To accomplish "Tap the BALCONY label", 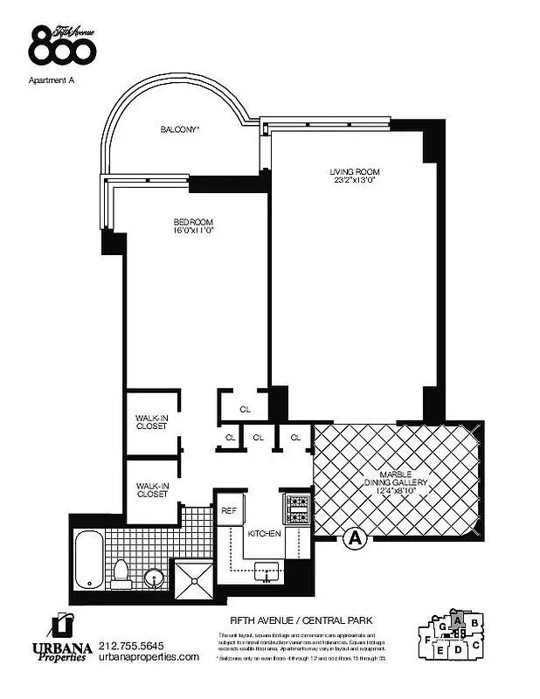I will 179,130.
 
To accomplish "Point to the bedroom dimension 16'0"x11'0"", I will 193,232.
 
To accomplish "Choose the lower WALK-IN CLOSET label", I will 151,489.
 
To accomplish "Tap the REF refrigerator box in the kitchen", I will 228,511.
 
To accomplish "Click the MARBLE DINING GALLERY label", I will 397,482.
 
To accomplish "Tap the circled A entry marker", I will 355,538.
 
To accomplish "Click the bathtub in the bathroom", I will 90,559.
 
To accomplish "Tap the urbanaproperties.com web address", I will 149,658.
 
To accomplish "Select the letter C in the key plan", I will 475,647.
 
